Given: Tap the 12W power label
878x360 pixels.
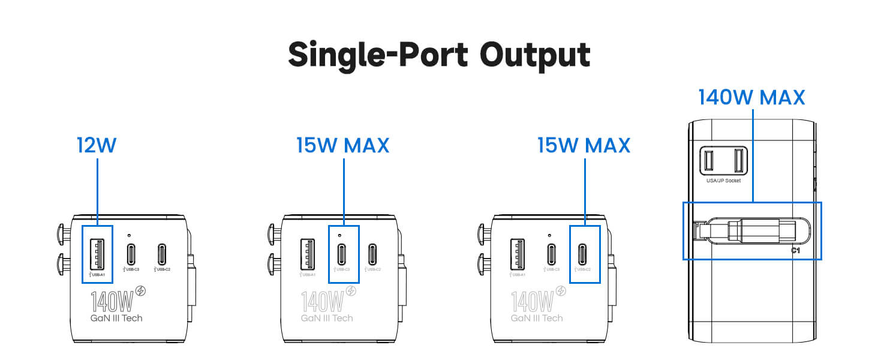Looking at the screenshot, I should pyautogui.click(x=97, y=145).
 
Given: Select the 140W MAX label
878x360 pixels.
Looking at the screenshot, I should pyautogui.click(x=751, y=98).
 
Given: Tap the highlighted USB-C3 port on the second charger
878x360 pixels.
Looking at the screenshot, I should pyautogui.click(x=342, y=253).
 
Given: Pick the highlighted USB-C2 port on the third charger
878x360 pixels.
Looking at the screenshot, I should pyautogui.click(x=583, y=253).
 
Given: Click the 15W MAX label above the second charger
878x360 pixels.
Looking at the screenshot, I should pyautogui.click(x=342, y=145).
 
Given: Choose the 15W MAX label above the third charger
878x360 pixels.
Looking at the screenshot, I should pyautogui.click(x=584, y=145).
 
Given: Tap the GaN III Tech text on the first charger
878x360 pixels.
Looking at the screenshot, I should pyautogui.click(x=116, y=317).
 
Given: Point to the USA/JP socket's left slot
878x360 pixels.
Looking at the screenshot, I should pyautogui.click(x=708, y=160).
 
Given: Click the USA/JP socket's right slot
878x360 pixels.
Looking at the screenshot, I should pyautogui.click(x=739, y=160).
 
